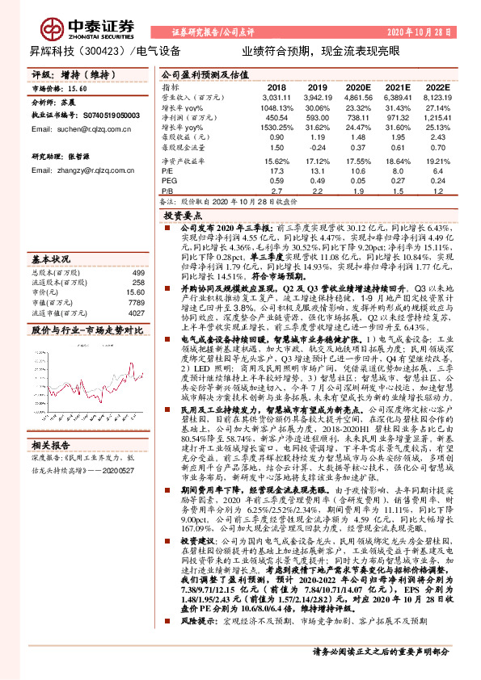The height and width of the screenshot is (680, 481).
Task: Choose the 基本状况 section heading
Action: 52,261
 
